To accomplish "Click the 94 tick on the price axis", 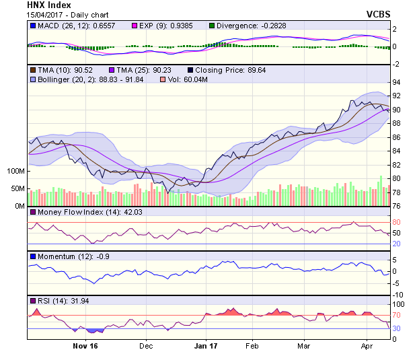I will (397, 82).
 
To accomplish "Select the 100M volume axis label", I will (15, 172).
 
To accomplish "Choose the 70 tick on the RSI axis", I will (397, 315).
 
